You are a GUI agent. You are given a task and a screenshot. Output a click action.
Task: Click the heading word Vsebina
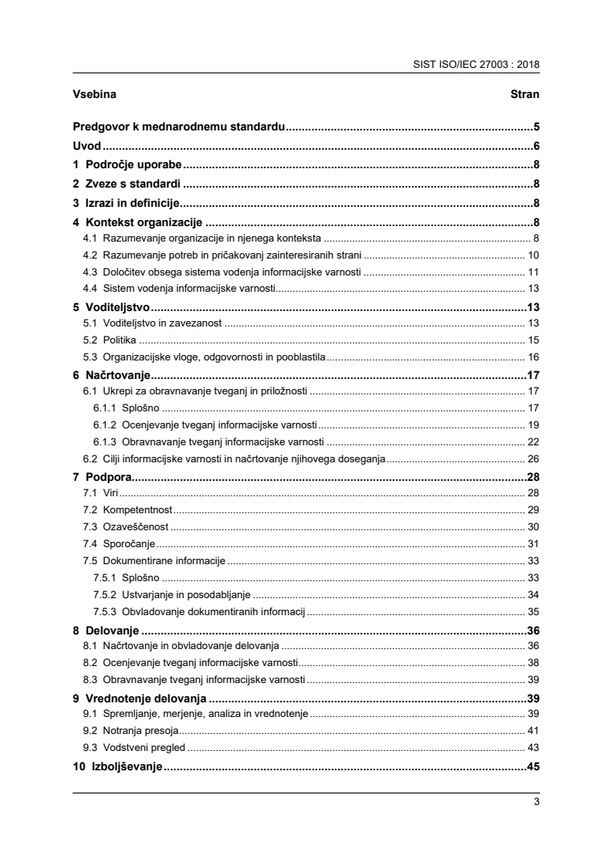click(x=96, y=95)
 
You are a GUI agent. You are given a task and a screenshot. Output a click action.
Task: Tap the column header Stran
click(x=524, y=95)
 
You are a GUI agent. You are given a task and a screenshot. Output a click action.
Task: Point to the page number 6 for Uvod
click(x=535, y=146)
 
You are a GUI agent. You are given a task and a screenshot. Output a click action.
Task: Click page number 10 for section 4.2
click(x=533, y=255)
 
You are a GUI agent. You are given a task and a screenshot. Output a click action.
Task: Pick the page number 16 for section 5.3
click(x=533, y=357)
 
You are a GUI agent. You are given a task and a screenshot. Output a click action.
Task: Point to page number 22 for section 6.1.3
click(x=533, y=441)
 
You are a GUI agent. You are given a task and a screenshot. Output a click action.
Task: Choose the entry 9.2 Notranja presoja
click(x=130, y=730)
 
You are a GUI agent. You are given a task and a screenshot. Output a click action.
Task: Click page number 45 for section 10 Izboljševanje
click(x=532, y=766)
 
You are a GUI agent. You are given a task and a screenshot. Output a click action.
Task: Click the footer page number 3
click(x=536, y=801)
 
